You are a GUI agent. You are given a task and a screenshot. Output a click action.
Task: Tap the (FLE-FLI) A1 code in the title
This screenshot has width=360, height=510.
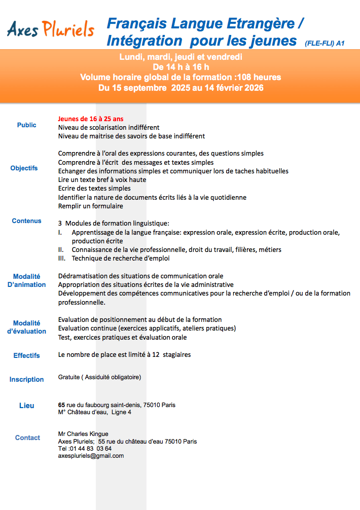click(x=325, y=44)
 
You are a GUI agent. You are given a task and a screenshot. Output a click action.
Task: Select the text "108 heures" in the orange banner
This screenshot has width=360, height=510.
click(x=260, y=77)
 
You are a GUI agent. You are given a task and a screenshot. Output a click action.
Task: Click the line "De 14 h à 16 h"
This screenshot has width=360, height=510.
click(x=181, y=67)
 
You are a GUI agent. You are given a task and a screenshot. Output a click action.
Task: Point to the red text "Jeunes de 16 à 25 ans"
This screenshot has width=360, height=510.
click(x=90, y=119)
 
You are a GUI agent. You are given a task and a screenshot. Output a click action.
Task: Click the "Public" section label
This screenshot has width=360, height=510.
click(x=27, y=125)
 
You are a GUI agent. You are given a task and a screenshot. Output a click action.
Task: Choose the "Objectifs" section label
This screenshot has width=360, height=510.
click(x=24, y=168)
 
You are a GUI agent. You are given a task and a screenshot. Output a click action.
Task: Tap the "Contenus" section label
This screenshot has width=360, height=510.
click(x=27, y=221)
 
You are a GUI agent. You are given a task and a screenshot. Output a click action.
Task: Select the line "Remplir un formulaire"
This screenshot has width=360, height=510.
click(x=91, y=206)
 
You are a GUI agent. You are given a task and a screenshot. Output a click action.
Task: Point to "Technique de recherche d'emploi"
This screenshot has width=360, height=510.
click(x=121, y=258)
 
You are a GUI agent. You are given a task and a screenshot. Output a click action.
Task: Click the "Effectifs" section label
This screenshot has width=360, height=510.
click(x=27, y=355)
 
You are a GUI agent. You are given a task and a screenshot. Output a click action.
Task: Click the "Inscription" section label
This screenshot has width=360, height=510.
click(x=27, y=379)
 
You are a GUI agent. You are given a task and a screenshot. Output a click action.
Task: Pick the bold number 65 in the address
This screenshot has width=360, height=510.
click(x=61, y=405)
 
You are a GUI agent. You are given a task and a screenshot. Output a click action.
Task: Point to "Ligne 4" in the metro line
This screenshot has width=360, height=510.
click(x=122, y=412)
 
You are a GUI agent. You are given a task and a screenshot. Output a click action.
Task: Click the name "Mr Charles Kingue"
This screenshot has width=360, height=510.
click(x=83, y=434)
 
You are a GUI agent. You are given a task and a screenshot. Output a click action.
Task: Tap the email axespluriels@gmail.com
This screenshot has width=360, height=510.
click(x=91, y=456)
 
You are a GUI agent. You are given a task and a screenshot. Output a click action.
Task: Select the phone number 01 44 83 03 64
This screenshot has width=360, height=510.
click(x=90, y=449)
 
